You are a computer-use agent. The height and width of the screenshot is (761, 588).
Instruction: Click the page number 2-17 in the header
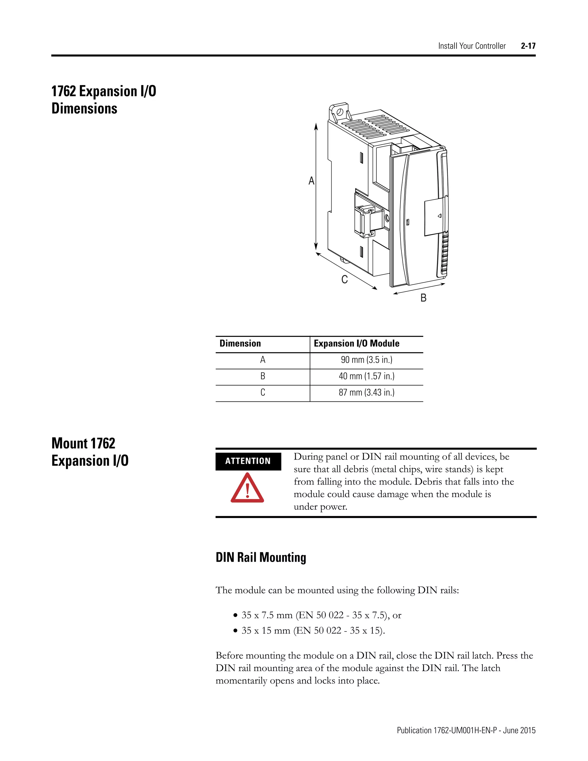(528, 46)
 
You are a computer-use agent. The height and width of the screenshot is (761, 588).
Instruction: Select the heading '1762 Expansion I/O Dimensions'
(104, 100)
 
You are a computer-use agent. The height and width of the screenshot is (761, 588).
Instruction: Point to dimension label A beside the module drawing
(312, 181)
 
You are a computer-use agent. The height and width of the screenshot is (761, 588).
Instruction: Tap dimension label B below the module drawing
(423, 298)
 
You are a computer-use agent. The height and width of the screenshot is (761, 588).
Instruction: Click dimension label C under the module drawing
(345, 279)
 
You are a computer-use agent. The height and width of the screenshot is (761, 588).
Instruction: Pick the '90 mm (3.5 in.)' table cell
(366, 360)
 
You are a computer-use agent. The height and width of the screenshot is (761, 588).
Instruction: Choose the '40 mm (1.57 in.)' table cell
(366, 376)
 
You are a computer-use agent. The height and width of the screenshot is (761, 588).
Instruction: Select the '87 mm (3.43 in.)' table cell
(366, 393)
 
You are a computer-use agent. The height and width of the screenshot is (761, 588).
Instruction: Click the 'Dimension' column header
(240, 343)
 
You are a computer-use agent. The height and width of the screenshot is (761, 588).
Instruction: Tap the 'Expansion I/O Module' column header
(356, 343)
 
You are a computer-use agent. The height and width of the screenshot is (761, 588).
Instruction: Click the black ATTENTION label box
(248, 461)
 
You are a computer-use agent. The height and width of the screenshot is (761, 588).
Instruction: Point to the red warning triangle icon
(247, 488)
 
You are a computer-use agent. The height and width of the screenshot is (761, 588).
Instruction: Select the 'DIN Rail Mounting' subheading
(261, 557)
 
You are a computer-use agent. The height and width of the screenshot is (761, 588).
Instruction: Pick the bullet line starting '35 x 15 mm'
(313, 630)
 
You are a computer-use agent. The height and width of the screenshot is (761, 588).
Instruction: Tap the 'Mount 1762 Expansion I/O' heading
(90, 452)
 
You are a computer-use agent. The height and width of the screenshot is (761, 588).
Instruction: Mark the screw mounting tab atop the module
(339, 111)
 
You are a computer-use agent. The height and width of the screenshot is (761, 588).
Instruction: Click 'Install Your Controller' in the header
(472, 46)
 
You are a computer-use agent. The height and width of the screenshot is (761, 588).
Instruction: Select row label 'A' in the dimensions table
(263, 360)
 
